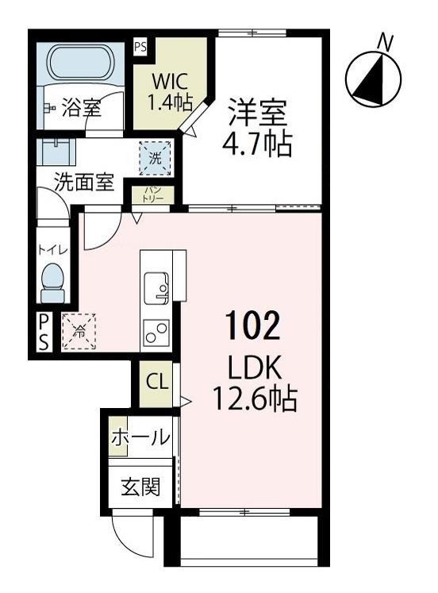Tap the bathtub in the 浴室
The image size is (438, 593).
click(x=79, y=61)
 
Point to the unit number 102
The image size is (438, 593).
click(x=252, y=325)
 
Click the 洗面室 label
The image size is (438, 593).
click(x=83, y=183)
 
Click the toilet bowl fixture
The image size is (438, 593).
click(x=54, y=280)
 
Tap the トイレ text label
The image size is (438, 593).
click(x=53, y=249)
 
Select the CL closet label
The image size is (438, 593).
click(x=156, y=381)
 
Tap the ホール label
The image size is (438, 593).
click(x=140, y=437)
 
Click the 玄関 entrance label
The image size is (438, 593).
click(x=140, y=487)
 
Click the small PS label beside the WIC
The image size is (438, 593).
click(x=140, y=47)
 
